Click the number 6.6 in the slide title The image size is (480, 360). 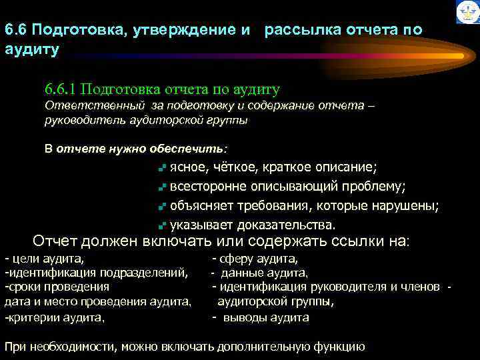(15, 31)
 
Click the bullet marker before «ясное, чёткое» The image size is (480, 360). (162, 167)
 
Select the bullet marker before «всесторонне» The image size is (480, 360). (162, 187)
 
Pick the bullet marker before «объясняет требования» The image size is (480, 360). (162, 206)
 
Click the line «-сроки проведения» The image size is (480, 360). (57, 287)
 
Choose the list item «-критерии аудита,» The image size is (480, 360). (55, 317)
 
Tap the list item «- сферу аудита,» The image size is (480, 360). (255, 259)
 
